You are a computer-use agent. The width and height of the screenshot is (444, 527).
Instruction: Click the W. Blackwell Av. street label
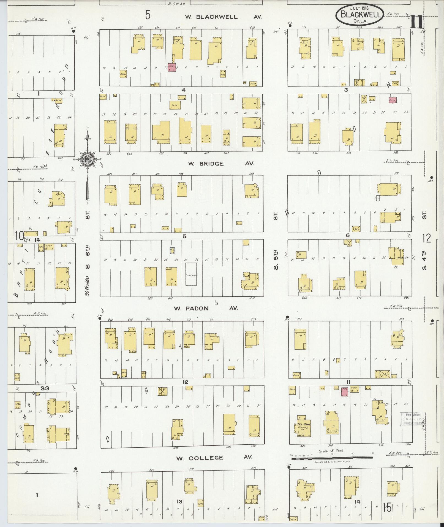pos(223,17)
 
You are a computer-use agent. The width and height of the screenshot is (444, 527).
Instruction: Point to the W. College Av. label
pos(214,458)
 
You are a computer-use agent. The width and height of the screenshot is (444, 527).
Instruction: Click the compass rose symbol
pos(88,159)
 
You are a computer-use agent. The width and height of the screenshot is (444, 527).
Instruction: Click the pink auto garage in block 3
pos(393,100)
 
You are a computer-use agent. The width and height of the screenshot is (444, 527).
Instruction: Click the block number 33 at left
pos(45,388)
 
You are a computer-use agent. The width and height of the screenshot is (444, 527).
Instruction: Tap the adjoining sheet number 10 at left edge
pos(19,236)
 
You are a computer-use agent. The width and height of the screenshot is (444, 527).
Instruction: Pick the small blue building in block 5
pos(172,250)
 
